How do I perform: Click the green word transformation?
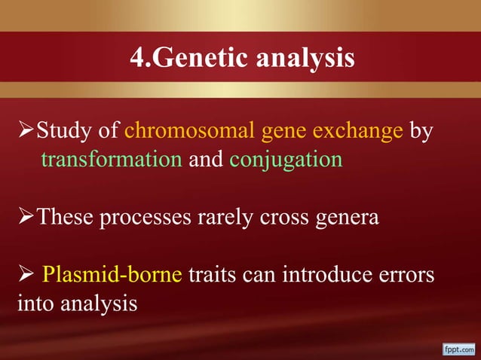tap(112, 160)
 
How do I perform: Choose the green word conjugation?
tap(286, 160)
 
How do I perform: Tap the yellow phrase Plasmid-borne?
tap(112, 275)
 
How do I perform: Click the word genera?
tap(348, 218)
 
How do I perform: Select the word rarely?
tap(228, 218)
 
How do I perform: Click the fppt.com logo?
tap(458, 349)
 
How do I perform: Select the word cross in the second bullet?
tap(286, 218)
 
